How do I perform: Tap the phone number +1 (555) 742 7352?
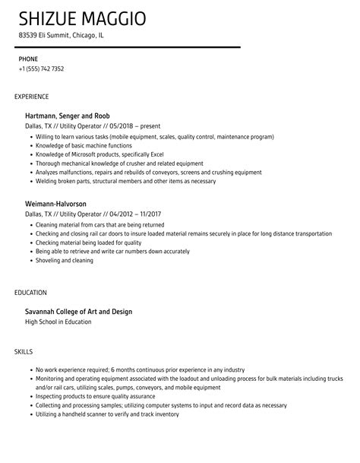coord(41,69)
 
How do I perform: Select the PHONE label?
coord(28,59)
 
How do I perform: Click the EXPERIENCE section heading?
coord(32,97)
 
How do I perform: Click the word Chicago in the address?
coord(84,35)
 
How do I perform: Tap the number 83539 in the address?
coord(27,35)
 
